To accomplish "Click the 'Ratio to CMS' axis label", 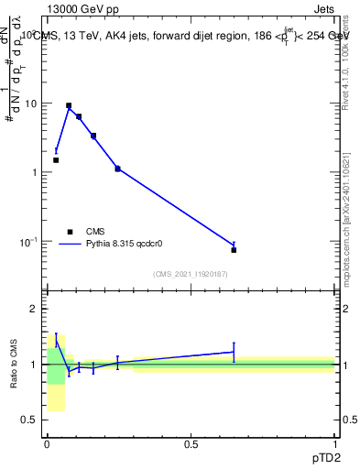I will tap(16, 365).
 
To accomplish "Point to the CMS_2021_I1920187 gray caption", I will tap(191, 273).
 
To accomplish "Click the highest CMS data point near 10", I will tap(69, 106).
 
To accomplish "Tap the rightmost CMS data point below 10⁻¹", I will tap(234, 250).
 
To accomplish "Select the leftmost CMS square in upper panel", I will tap(56, 160).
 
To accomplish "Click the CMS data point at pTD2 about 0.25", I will tap(117, 169).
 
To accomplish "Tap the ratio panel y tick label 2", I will tap(36, 309).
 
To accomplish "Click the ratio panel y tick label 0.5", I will tap(32, 420).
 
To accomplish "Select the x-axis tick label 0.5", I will tap(191, 443).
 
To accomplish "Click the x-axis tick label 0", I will tap(48, 443).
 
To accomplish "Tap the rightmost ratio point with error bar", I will tap(234, 352).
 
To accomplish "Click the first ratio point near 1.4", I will tap(56, 340).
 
